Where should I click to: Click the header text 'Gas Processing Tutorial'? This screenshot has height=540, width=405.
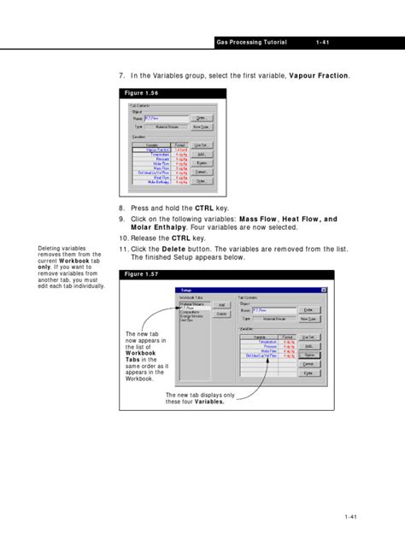251,42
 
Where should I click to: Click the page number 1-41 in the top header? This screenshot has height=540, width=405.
324,42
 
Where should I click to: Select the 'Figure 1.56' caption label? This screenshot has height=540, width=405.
141,92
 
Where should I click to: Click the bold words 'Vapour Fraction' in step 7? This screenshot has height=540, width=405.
319,76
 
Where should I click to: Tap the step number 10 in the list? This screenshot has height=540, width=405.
123,238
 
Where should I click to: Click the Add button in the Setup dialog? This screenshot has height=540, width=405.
221,304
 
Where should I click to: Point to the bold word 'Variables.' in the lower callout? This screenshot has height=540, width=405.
210,402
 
